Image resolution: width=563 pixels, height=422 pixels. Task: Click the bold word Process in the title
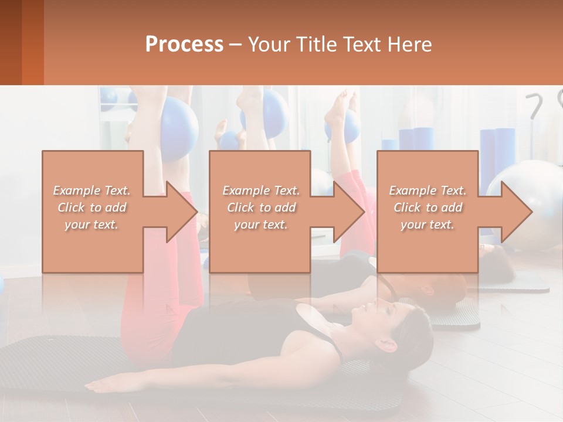point(184,44)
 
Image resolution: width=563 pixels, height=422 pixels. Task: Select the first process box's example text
point(92,207)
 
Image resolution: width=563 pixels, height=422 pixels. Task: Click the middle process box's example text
point(261,207)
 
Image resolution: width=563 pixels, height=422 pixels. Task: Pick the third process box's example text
point(428,207)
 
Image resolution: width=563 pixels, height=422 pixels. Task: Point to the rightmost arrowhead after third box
point(516,212)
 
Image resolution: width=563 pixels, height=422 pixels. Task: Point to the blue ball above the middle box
point(273,114)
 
